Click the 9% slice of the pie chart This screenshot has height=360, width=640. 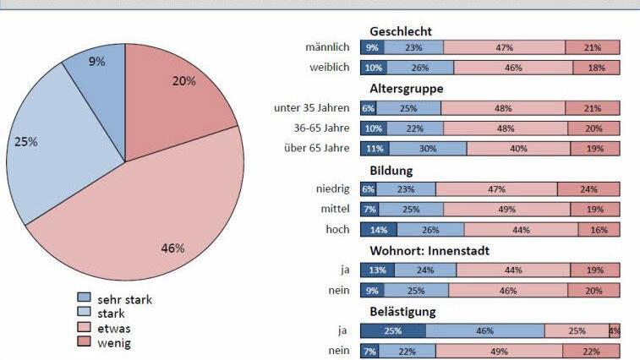(x=96, y=72)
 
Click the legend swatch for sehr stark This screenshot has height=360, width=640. (x=84, y=298)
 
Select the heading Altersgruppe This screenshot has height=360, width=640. (x=407, y=88)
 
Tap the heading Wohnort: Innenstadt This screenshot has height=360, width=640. (x=429, y=250)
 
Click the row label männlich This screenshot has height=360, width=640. (x=327, y=48)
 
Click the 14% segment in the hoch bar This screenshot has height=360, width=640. (x=378, y=229)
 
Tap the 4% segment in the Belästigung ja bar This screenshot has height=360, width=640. (x=615, y=330)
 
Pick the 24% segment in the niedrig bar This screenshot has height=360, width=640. (x=588, y=189)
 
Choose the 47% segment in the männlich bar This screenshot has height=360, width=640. (x=504, y=48)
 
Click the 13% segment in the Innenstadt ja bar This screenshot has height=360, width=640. (x=376, y=270)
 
